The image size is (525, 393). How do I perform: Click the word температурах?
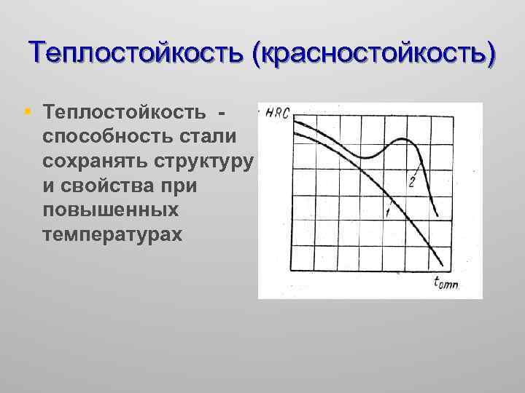click(x=114, y=235)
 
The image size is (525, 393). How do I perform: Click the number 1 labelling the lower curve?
click(x=386, y=212)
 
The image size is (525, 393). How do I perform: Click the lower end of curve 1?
click(x=442, y=267)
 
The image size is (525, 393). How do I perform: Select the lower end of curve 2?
click(x=436, y=215)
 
